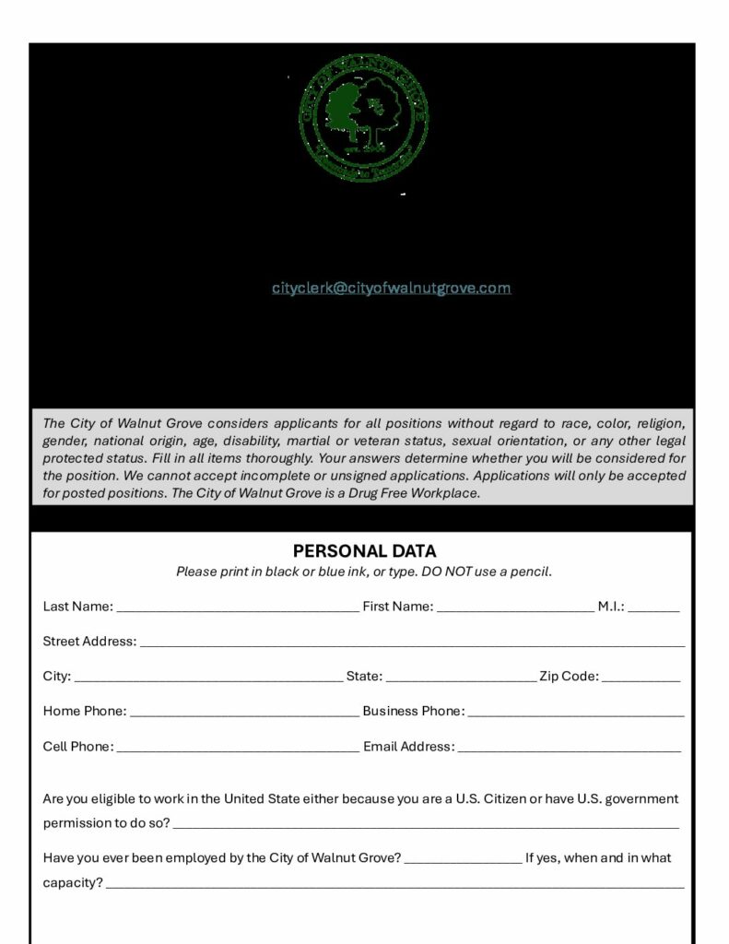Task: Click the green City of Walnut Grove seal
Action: pyautogui.click(x=363, y=117)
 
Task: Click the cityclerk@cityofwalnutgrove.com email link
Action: pyautogui.click(x=391, y=288)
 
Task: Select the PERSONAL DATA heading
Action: pyautogui.click(x=364, y=551)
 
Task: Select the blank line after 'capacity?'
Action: pyautogui.click(x=395, y=886)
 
